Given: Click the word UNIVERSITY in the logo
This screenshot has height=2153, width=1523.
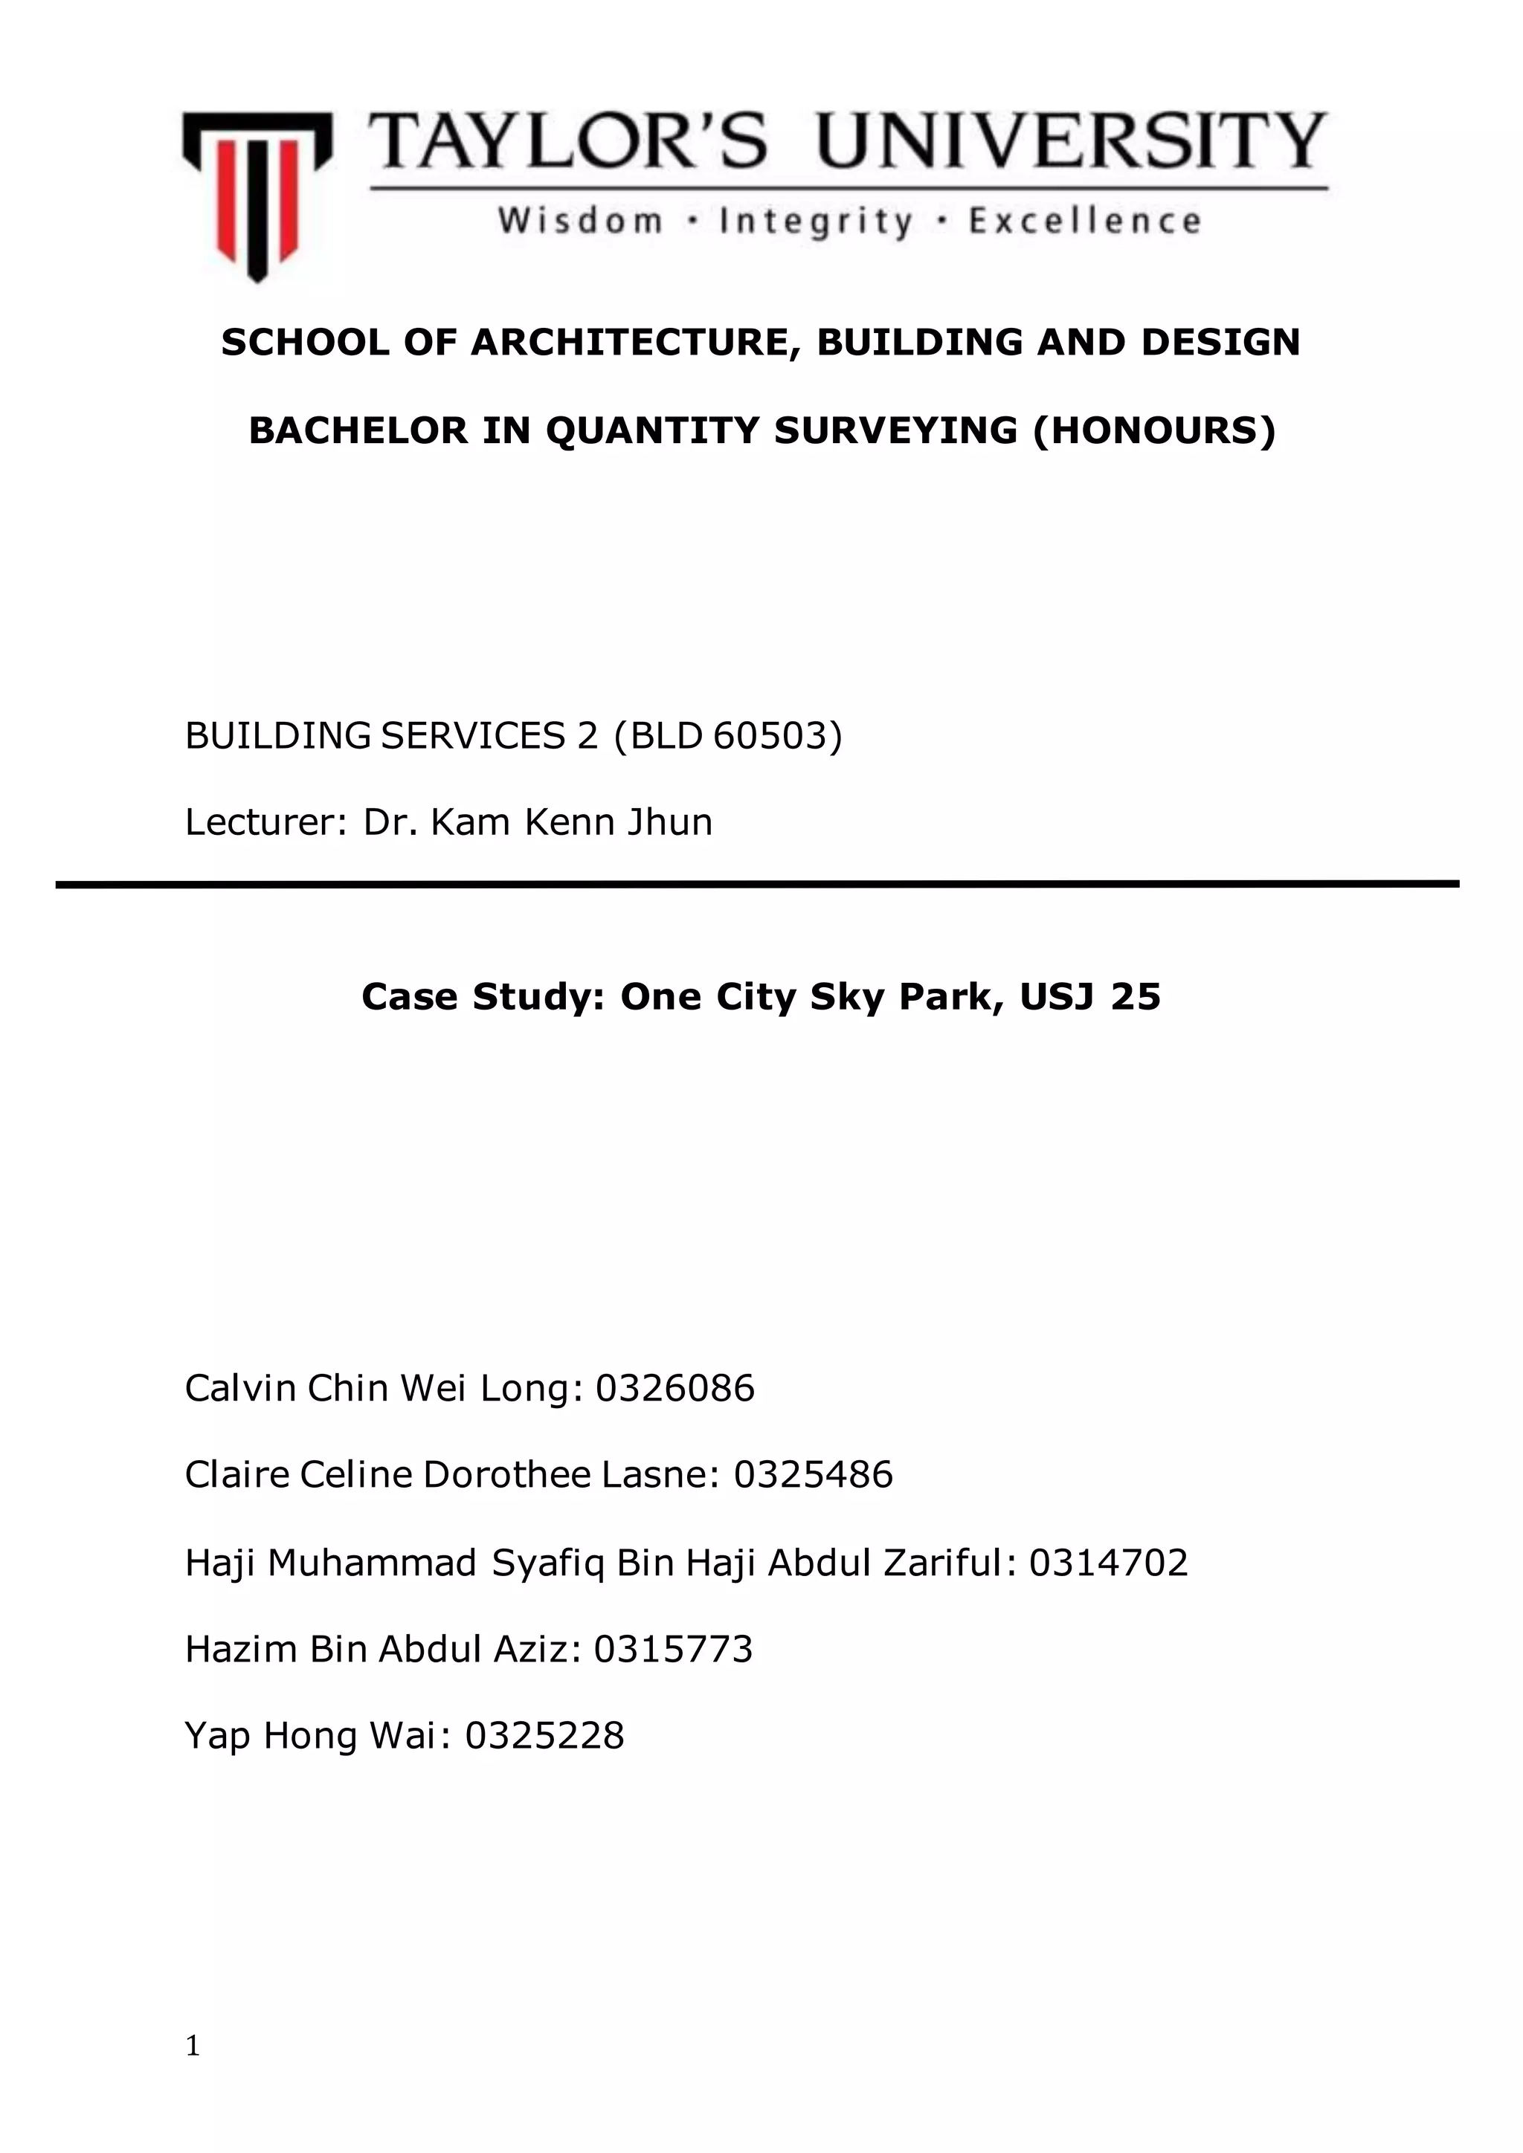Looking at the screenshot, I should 1072,141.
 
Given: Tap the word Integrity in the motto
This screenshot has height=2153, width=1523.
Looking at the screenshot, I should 815,222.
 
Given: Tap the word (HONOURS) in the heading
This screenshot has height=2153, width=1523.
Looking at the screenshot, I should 1153,430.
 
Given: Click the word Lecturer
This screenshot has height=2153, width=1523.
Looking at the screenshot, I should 261,822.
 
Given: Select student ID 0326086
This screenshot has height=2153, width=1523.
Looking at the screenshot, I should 674,1388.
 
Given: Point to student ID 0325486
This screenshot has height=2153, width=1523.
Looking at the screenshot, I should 813,1475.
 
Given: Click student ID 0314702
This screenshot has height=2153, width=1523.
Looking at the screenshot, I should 1109,1562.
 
